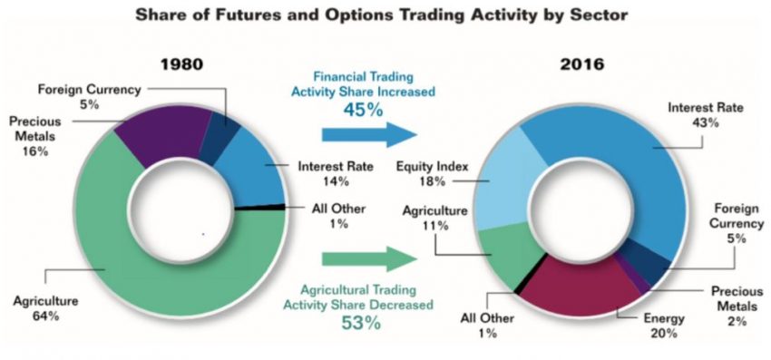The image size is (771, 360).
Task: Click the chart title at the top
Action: click(x=382, y=15)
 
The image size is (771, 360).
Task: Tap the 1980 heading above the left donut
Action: click(x=181, y=64)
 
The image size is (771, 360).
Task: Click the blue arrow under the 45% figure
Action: click(x=369, y=134)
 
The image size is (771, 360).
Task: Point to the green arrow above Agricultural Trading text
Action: click(x=369, y=258)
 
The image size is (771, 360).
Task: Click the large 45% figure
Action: click(x=363, y=109)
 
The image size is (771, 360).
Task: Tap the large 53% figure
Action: click(x=360, y=323)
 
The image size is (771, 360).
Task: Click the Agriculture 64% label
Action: click(x=45, y=308)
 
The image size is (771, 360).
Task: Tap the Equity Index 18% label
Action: click(x=433, y=174)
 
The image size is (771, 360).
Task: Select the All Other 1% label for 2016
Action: click(x=487, y=325)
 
